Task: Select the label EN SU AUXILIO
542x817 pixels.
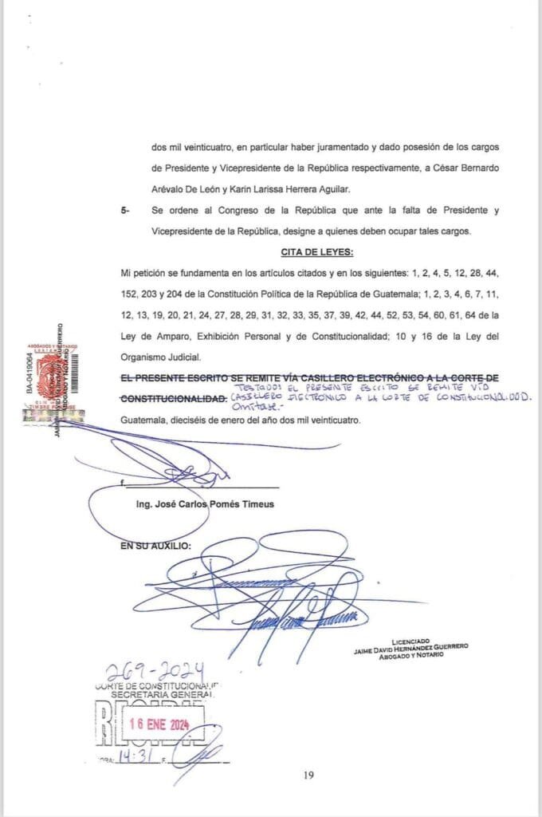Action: point(155,547)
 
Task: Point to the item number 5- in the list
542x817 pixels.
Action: point(125,211)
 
